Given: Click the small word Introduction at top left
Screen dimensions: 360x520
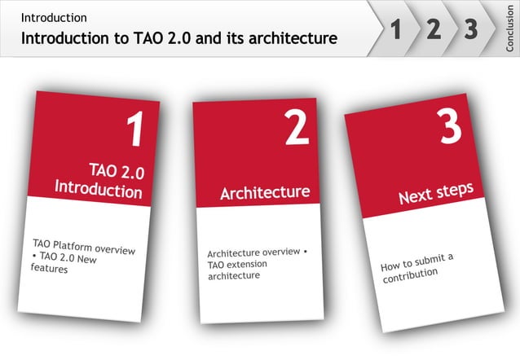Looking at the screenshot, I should tap(54, 17).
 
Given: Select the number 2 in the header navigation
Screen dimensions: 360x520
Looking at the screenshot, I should tap(434, 30).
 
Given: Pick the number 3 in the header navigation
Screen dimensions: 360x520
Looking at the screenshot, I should tap(470, 30).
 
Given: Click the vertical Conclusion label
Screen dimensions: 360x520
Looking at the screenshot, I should tap(510, 29).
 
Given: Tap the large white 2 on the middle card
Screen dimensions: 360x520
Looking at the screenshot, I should tap(297, 130).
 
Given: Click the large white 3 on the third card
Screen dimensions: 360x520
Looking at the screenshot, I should tap(449, 127).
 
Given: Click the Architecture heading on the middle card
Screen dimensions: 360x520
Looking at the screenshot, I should tap(265, 193).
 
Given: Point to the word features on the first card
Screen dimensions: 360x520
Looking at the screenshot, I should tap(50, 270).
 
